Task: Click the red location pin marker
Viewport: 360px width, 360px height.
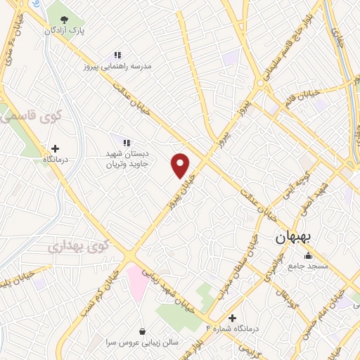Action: point(181,165)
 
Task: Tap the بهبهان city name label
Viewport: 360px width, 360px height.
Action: point(295,237)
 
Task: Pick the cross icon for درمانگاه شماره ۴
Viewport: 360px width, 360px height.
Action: point(233,318)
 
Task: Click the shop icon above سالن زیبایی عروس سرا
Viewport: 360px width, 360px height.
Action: point(143,331)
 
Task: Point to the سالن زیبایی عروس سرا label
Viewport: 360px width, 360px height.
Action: point(143,342)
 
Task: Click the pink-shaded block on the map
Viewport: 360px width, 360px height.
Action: point(137,281)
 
